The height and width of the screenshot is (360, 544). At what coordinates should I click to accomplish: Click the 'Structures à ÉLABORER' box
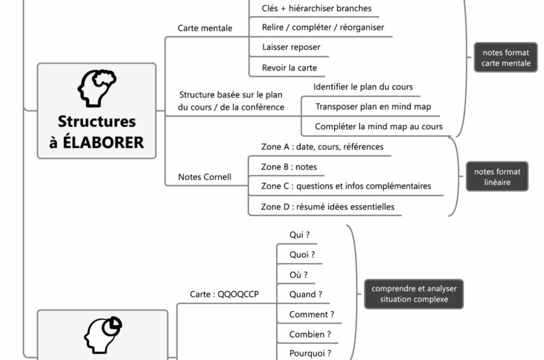click(96, 111)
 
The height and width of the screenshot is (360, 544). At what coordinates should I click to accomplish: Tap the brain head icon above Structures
click(96, 88)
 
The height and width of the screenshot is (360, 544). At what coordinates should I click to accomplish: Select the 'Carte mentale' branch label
click(205, 29)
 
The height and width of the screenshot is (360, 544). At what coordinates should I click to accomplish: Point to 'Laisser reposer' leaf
click(292, 47)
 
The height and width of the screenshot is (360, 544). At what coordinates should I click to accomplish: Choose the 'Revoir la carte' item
click(289, 68)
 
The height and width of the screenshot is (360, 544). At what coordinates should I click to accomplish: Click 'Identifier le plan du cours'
click(363, 87)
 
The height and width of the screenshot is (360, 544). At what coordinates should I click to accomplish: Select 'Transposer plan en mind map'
click(373, 107)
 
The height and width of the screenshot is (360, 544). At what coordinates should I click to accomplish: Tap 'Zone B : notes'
click(289, 167)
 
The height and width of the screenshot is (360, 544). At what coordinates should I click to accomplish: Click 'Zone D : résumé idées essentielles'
click(328, 207)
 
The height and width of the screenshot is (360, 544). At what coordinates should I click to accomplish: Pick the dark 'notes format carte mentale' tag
click(506, 58)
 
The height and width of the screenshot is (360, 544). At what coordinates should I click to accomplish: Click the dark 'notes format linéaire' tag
click(497, 177)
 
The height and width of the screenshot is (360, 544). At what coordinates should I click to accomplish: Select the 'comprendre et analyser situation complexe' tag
click(414, 294)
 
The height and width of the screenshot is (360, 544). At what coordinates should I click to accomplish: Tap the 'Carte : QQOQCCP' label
click(224, 294)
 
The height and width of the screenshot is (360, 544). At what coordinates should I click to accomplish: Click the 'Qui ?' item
click(299, 235)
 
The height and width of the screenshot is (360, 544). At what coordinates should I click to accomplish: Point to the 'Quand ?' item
click(305, 294)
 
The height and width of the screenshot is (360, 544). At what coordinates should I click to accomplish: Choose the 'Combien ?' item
click(310, 334)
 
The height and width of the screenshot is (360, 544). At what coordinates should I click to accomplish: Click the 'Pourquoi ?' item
click(310, 353)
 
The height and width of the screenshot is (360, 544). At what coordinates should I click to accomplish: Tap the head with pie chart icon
click(103, 336)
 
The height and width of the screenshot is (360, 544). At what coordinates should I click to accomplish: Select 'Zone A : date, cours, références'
click(322, 147)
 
